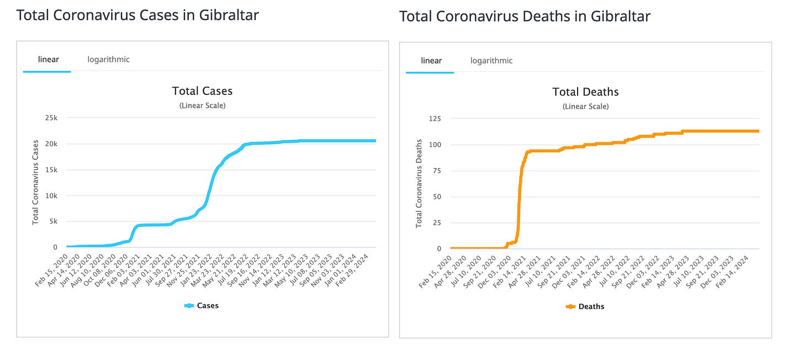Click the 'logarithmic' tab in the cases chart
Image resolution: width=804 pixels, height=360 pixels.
point(108,59)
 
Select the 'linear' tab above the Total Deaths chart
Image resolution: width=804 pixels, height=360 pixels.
point(431,61)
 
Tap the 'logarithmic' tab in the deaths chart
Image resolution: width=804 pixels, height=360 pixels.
point(491,61)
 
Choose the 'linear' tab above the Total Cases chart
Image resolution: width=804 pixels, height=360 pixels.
point(48,59)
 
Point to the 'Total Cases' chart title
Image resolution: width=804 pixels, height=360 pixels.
point(202,91)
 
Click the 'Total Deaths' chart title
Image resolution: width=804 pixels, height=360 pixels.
point(585,92)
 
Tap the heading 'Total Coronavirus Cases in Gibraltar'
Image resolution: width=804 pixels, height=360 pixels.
point(137,15)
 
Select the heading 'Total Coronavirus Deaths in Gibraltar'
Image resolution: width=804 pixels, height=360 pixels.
point(525,16)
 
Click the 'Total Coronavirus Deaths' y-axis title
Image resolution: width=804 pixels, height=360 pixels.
point(419,183)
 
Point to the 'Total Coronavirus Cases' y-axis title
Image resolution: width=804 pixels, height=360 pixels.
point(35,182)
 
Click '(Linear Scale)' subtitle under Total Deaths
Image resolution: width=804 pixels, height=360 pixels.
point(585,106)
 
